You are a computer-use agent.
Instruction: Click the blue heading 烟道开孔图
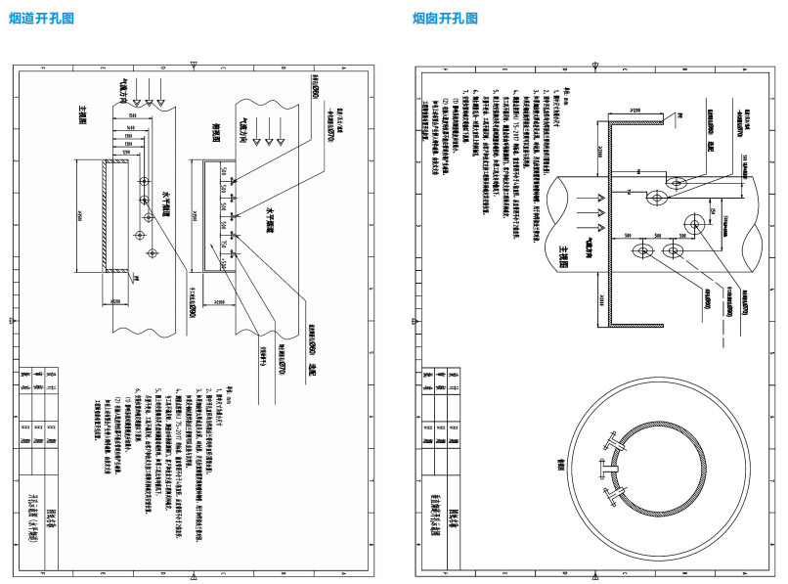click(x=41, y=18)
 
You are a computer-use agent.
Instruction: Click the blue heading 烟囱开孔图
click(x=445, y=18)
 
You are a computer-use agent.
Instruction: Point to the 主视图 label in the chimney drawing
click(x=561, y=253)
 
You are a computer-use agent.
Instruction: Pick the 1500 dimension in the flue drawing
click(x=130, y=117)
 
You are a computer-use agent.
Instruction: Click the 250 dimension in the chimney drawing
click(x=713, y=213)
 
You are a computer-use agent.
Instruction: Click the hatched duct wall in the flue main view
click(x=106, y=217)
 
